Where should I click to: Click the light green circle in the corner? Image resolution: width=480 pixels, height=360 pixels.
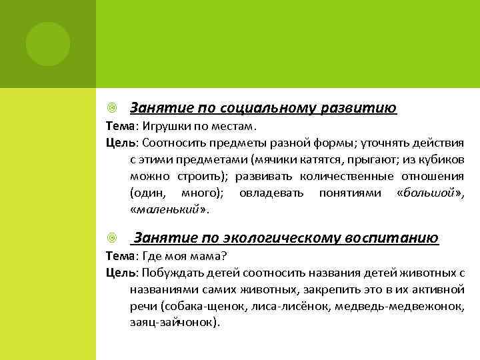pos(48,44)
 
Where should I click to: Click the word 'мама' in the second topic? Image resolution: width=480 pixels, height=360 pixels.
pos(204,257)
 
